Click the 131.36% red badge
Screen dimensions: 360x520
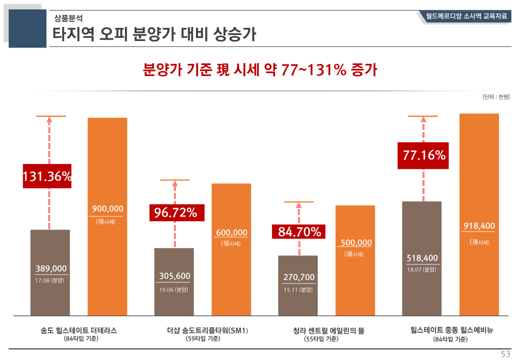(x=47, y=176)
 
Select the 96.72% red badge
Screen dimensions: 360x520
(x=175, y=212)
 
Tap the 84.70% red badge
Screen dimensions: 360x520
(x=299, y=231)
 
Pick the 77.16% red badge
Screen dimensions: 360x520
(x=424, y=155)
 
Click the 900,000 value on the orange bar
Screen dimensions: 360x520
(x=107, y=209)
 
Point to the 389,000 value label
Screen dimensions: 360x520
(x=51, y=268)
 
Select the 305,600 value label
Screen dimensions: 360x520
(x=174, y=276)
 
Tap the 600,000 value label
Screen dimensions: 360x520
(x=231, y=232)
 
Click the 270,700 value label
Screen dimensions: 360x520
(x=299, y=277)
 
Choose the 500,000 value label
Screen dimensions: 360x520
(x=355, y=243)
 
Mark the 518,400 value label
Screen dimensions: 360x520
(x=422, y=258)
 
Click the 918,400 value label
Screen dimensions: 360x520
(x=479, y=226)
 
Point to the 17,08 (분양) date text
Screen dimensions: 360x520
(x=49, y=280)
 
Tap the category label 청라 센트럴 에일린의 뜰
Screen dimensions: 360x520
(x=328, y=330)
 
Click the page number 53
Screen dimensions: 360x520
(x=505, y=354)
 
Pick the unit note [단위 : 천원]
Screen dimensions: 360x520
(x=496, y=96)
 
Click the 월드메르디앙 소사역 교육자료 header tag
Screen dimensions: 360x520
(x=466, y=16)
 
